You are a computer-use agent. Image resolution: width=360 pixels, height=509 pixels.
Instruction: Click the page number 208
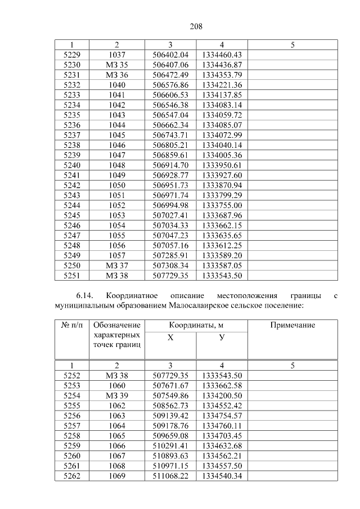pos(196,26)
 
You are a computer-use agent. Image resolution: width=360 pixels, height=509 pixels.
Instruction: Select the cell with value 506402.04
pos(170,55)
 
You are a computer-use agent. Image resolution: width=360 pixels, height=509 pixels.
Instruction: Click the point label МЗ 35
pos(116,65)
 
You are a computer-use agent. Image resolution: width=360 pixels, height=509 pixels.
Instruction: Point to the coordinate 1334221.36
pos(222,85)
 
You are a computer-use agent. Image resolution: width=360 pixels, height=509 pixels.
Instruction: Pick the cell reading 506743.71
pos(170,135)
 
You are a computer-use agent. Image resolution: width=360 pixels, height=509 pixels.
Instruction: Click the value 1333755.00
pos(222,205)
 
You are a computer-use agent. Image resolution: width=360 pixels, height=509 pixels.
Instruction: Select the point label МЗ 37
pos(116,265)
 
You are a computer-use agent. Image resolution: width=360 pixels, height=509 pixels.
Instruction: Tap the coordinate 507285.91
pos(170,255)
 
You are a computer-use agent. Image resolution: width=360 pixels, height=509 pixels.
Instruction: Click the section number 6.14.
pos(87,296)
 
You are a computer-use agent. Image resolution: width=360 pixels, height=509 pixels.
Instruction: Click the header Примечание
pos(292,326)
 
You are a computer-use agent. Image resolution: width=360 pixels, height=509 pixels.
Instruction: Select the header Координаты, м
pos(196,326)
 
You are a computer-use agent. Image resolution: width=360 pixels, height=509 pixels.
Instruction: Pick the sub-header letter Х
pos(170,337)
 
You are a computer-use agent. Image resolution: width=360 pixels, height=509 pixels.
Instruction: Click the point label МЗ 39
pos(116,396)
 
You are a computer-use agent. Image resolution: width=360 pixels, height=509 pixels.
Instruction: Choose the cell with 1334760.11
pos(222,426)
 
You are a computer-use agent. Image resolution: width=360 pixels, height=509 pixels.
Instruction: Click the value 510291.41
pos(170,446)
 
